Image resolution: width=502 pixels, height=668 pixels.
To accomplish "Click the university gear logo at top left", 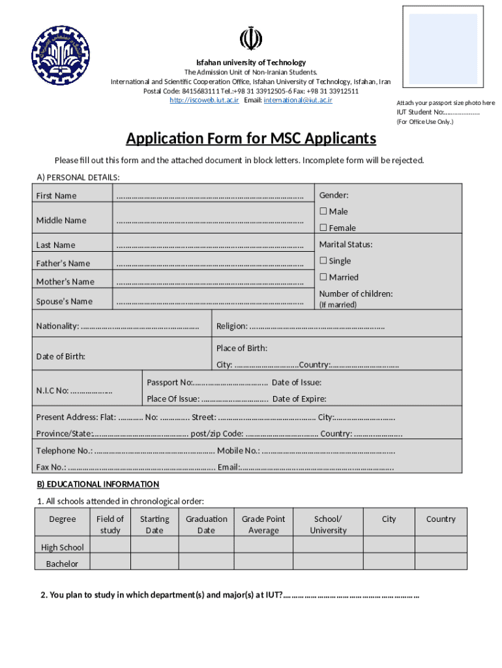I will click(61, 55).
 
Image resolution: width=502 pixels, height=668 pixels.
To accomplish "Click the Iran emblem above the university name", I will click(250, 38).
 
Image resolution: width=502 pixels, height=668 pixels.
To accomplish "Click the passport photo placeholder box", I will click(443, 48).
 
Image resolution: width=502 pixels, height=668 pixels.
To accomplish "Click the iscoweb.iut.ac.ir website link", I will click(204, 100).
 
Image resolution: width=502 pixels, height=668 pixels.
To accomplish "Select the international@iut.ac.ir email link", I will click(298, 100).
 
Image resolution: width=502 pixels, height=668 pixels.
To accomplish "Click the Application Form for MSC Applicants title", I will click(251, 138).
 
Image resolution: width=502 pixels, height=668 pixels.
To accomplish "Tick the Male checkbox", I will click(323, 211).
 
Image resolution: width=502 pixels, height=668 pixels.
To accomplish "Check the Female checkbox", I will click(323, 228).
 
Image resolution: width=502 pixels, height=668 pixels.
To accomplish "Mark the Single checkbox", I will click(323, 261).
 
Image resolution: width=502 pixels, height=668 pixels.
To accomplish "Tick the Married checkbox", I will click(323, 277).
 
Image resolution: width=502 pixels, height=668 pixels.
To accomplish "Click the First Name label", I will click(56, 196).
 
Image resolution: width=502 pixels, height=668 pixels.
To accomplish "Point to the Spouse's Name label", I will click(64, 301).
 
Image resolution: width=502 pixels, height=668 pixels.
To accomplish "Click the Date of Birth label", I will click(61, 357).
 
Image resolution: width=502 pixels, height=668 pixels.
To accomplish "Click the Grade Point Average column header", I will click(263, 524).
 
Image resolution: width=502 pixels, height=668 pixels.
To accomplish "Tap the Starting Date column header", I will click(155, 524).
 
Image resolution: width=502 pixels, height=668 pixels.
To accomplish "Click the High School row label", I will click(63, 547).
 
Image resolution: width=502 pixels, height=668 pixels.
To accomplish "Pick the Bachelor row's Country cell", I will click(441, 562).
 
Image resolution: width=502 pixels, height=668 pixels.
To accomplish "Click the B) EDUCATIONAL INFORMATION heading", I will click(98, 484).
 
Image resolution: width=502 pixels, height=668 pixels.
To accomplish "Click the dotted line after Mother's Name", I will click(209, 282).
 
